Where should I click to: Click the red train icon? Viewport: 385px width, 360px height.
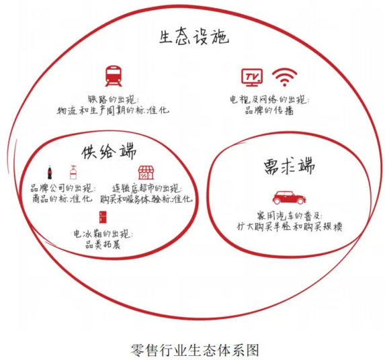click(113, 76)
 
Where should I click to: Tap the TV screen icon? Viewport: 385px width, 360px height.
click(252, 77)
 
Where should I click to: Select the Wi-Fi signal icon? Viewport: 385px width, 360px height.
click(285, 77)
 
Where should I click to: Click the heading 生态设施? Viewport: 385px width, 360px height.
click(194, 38)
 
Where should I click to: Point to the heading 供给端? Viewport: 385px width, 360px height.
click(109, 152)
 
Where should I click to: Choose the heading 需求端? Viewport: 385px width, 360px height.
click(289, 167)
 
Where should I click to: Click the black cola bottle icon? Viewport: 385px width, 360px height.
click(50, 172)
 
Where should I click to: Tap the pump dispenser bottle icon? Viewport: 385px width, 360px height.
click(73, 172)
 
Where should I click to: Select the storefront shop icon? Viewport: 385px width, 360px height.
click(146, 172)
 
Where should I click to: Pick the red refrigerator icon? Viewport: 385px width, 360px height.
click(103, 217)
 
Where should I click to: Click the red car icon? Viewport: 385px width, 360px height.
click(289, 197)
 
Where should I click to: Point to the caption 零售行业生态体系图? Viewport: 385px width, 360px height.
click(195, 350)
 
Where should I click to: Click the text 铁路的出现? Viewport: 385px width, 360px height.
click(113, 99)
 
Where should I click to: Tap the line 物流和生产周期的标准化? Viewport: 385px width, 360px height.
click(113, 110)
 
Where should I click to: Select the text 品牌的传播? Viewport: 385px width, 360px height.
click(269, 110)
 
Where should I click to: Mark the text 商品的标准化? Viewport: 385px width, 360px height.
click(62, 198)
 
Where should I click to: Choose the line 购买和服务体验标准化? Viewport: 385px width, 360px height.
click(146, 199)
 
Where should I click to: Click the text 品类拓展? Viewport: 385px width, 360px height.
click(103, 245)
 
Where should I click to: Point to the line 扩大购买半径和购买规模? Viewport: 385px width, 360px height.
click(289, 226)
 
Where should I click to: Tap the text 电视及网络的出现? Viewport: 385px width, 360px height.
click(269, 99)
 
